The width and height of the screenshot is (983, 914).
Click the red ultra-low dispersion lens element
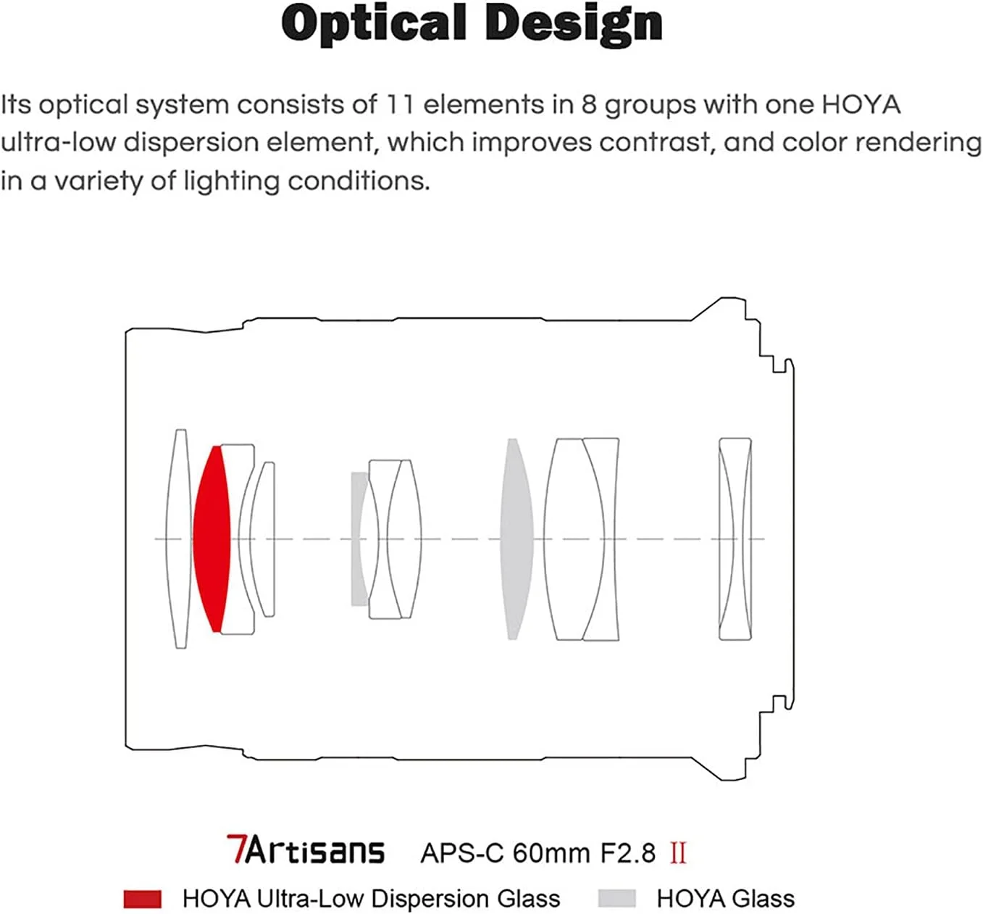pyautogui.click(x=211, y=539)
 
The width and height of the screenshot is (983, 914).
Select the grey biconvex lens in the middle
pyautogui.click(x=514, y=539)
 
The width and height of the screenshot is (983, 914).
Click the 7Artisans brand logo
pyautogui.click(x=305, y=851)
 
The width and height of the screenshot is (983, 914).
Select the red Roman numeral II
pyautogui.click(x=678, y=853)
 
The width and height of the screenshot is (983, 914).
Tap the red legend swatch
pyautogui.click(x=143, y=899)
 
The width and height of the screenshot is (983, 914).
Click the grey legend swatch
pyautogui.click(x=616, y=899)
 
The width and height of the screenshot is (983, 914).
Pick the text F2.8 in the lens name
pyautogui.click(x=627, y=853)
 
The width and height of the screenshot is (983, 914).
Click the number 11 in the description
pyautogui.click(x=399, y=104)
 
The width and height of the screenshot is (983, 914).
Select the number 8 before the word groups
pyautogui.click(x=590, y=104)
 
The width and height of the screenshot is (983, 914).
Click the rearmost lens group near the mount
pyautogui.click(x=735, y=539)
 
